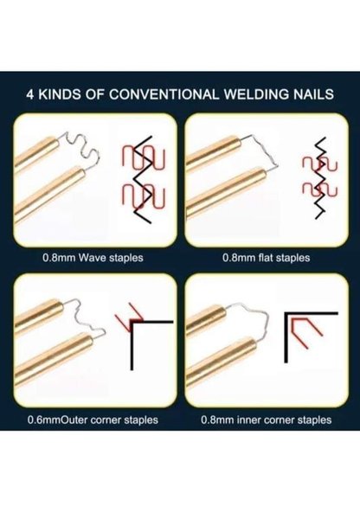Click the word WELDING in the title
(256, 94)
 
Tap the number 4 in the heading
(29, 94)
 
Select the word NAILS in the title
(313, 94)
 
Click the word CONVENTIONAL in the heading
(164, 94)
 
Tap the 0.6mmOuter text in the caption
(57, 420)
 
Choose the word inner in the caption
(247, 420)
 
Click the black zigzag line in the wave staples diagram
(143, 179)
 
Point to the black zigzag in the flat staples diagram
(320, 178)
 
